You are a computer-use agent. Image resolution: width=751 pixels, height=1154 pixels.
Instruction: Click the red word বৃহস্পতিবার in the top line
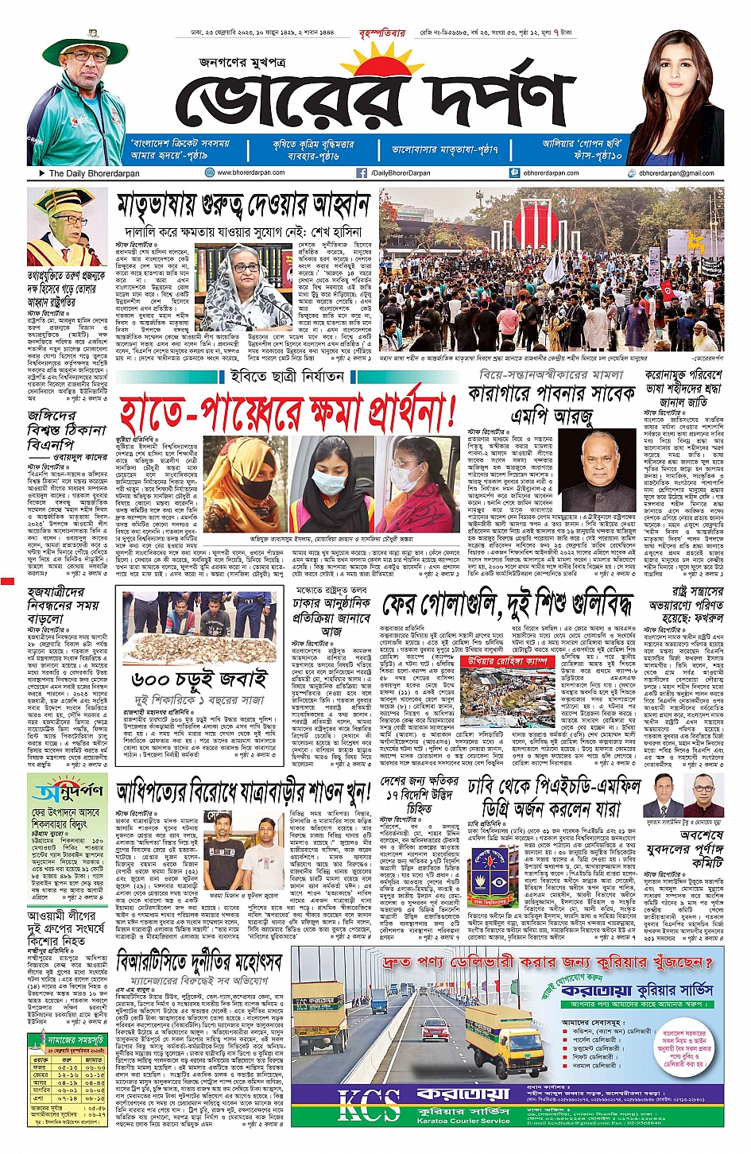[x=382, y=33]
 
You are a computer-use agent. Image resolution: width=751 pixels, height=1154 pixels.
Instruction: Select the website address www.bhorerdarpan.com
[x=250, y=172]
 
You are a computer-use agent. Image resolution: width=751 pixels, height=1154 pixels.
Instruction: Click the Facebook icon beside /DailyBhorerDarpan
[x=362, y=172]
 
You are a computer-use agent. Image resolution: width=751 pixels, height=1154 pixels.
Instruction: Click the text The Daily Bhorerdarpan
[x=94, y=173]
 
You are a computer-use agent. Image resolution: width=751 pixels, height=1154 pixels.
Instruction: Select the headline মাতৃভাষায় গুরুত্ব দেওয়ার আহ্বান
[x=243, y=206]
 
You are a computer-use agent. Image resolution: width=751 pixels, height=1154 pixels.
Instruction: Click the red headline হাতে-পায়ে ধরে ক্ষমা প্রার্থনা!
[x=288, y=411]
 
